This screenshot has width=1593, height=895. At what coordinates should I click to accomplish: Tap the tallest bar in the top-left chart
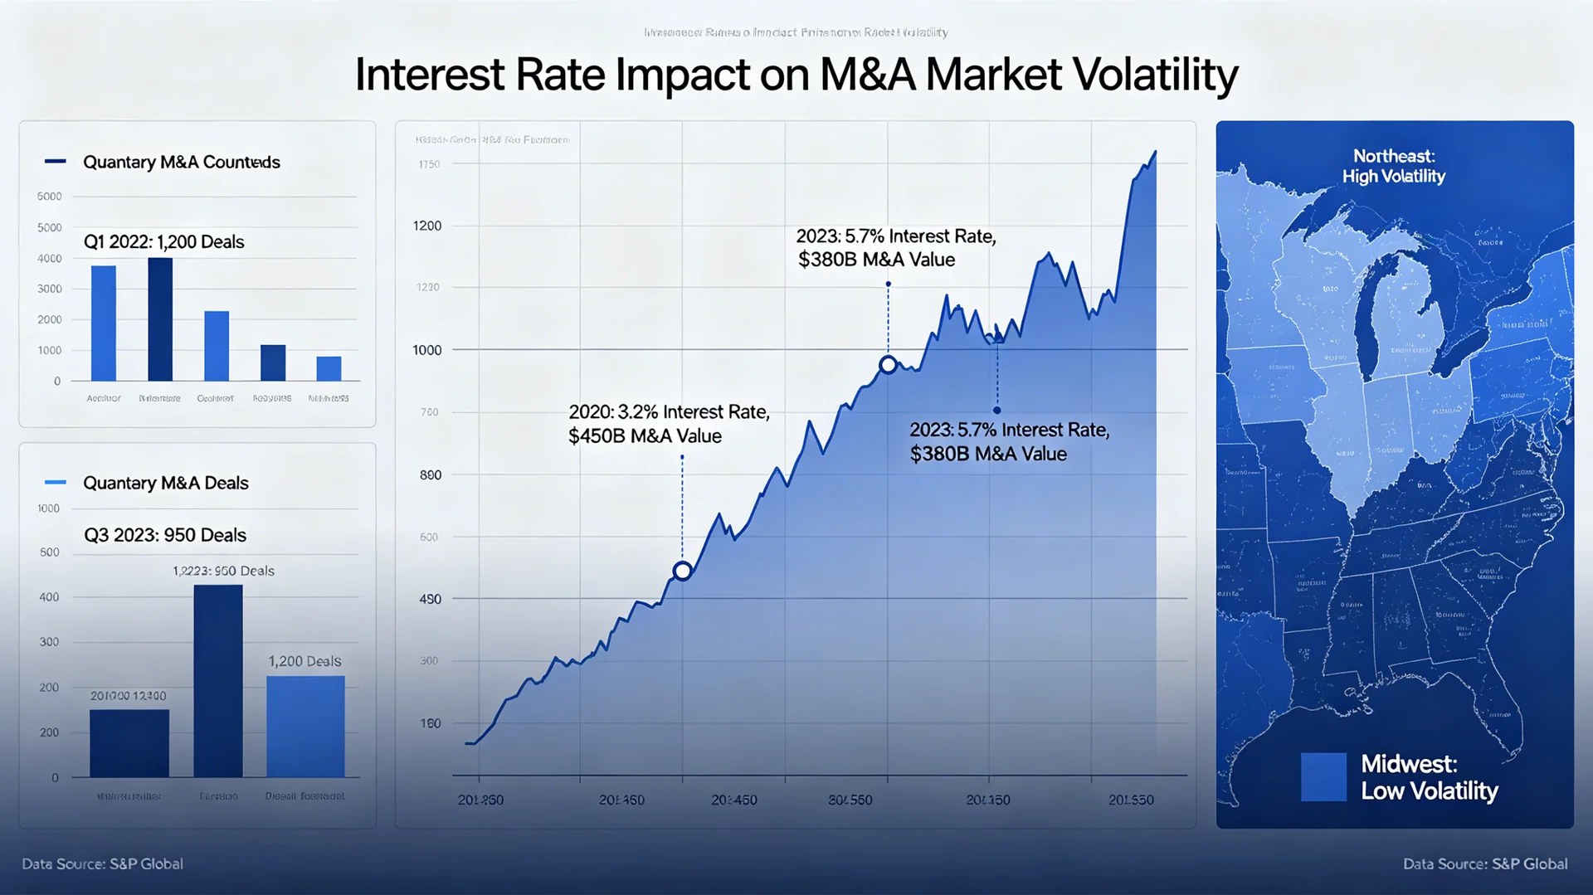(160, 319)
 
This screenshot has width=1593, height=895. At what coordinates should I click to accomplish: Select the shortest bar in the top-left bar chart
(329, 368)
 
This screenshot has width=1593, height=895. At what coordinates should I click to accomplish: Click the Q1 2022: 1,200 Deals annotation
(163, 242)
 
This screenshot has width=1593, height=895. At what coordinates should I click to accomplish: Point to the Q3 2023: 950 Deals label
(165, 535)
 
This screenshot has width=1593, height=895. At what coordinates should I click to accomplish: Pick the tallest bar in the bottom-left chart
(218, 680)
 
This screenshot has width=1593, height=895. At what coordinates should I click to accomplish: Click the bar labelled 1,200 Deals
(305, 726)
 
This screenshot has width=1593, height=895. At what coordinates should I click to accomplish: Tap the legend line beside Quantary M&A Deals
(55, 482)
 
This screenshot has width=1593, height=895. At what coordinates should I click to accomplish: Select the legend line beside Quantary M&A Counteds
(55, 161)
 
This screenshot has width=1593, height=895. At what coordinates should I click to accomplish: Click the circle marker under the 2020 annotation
(682, 571)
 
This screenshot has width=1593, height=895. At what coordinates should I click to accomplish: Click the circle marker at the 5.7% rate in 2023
(888, 364)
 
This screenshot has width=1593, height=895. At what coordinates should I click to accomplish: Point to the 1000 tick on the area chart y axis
(427, 350)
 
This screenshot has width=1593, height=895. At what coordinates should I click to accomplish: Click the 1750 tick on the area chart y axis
(429, 164)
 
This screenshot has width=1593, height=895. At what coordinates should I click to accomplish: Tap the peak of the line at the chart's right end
(1155, 153)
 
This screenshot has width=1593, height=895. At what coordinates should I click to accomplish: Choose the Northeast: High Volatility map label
(1393, 166)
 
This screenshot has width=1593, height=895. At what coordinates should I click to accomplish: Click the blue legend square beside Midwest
(1323, 776)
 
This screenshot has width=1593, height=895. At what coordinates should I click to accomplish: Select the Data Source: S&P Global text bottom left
(102, 863)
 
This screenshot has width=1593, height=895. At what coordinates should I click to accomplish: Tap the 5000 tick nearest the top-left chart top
(49, 197)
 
